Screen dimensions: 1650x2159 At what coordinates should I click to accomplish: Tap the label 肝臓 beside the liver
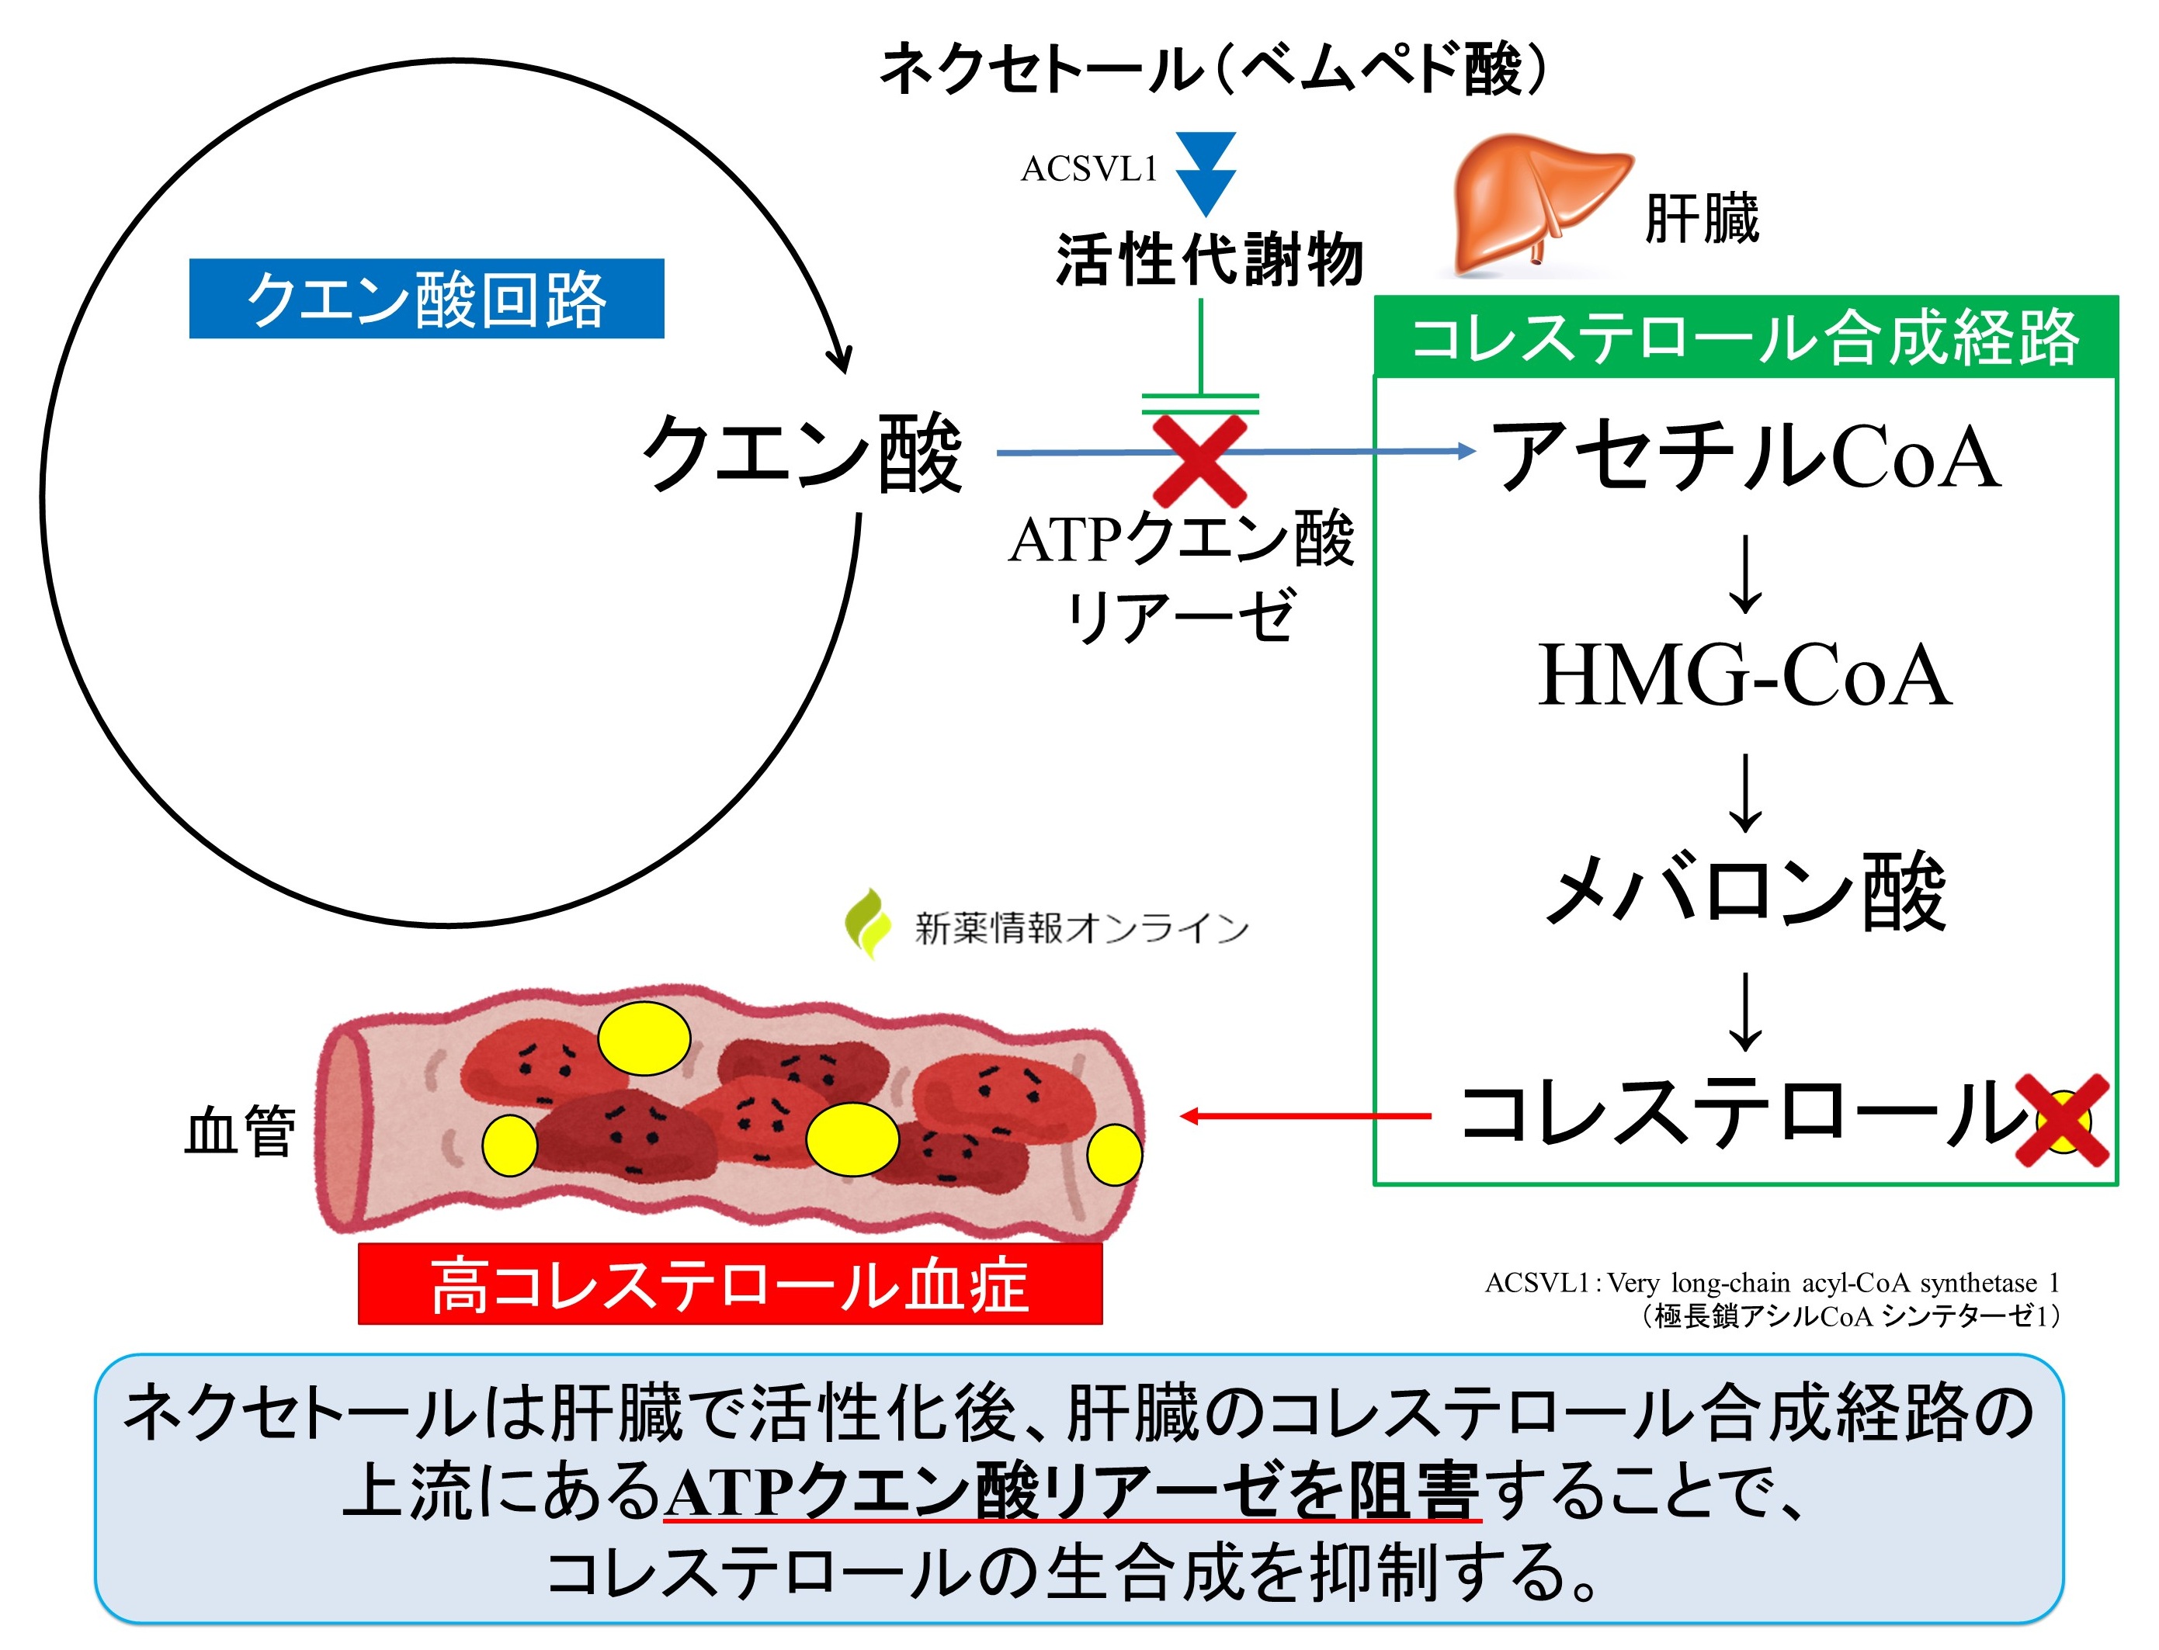(x=1701, y=218)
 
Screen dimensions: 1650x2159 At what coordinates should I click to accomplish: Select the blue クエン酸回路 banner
(x=426, y=299)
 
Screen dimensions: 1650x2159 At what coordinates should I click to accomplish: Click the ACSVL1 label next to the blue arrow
(x=1089, y=169)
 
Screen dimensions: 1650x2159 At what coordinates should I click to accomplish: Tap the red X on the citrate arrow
(x=1199, y=459)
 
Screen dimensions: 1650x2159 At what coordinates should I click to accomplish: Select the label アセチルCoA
(x=1745, y=456)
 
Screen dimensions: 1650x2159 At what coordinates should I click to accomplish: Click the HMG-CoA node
(x=1744, y=676)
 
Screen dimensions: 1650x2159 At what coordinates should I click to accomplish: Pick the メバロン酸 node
(x=1745, y=892)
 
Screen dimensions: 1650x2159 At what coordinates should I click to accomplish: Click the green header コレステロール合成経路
(x=1744, y=338)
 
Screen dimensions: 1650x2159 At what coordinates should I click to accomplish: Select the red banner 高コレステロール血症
(x=730, y=1284)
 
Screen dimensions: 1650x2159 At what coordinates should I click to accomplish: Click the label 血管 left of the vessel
(x=241, y=1131)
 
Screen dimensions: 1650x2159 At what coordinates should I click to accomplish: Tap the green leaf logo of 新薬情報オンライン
(x=866, y=924)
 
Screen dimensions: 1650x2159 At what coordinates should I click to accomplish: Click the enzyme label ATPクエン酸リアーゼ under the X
(x=1182, y=577)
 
